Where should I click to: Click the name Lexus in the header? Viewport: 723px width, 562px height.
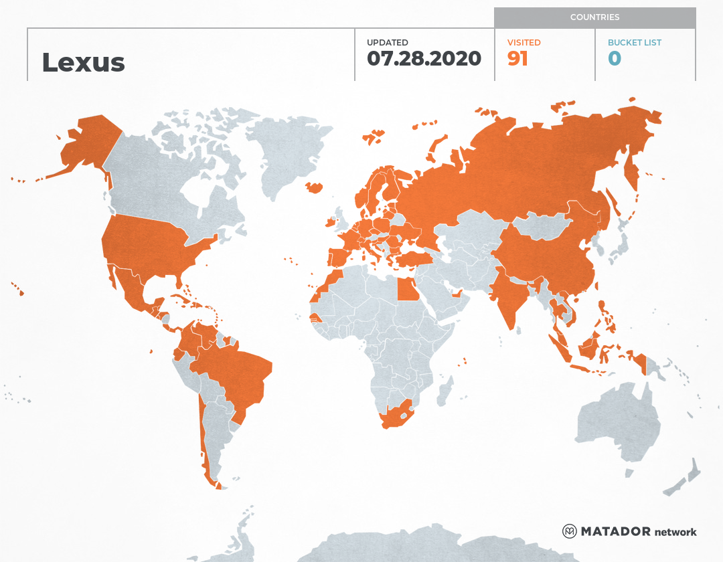pos(83,62)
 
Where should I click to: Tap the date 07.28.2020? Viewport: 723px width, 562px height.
pos(424,59)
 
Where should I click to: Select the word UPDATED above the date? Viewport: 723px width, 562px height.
pos(387,43)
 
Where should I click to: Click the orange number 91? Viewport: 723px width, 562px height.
pos(517,59)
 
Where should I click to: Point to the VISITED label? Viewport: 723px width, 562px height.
pos(524,43)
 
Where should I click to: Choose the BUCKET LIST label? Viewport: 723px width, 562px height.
pos(634,43)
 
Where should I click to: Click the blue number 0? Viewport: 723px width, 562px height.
pos(615,59)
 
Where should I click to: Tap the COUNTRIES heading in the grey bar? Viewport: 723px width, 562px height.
pos(594,17)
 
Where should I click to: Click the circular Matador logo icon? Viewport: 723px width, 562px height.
pos(570,532)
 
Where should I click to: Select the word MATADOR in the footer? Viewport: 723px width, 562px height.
pos(615,532)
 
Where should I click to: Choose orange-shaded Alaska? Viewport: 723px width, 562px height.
pos(87,144)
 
